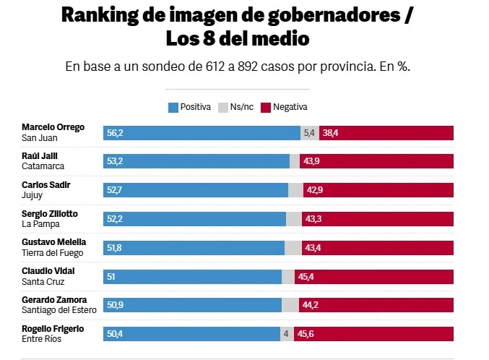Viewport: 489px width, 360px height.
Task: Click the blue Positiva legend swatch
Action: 173,107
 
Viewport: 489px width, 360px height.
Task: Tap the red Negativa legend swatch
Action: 265,107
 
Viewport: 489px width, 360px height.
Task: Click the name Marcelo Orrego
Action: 53,127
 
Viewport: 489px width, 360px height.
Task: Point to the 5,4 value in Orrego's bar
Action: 309,133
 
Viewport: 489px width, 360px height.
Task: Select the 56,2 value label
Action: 116,133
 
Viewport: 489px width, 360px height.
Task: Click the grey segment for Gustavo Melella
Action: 293,248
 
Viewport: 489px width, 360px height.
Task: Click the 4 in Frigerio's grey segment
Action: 286,334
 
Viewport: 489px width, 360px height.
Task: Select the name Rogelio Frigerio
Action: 53,329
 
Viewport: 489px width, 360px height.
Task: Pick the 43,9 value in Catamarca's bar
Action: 311,161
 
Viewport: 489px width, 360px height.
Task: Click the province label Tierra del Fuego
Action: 53,253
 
